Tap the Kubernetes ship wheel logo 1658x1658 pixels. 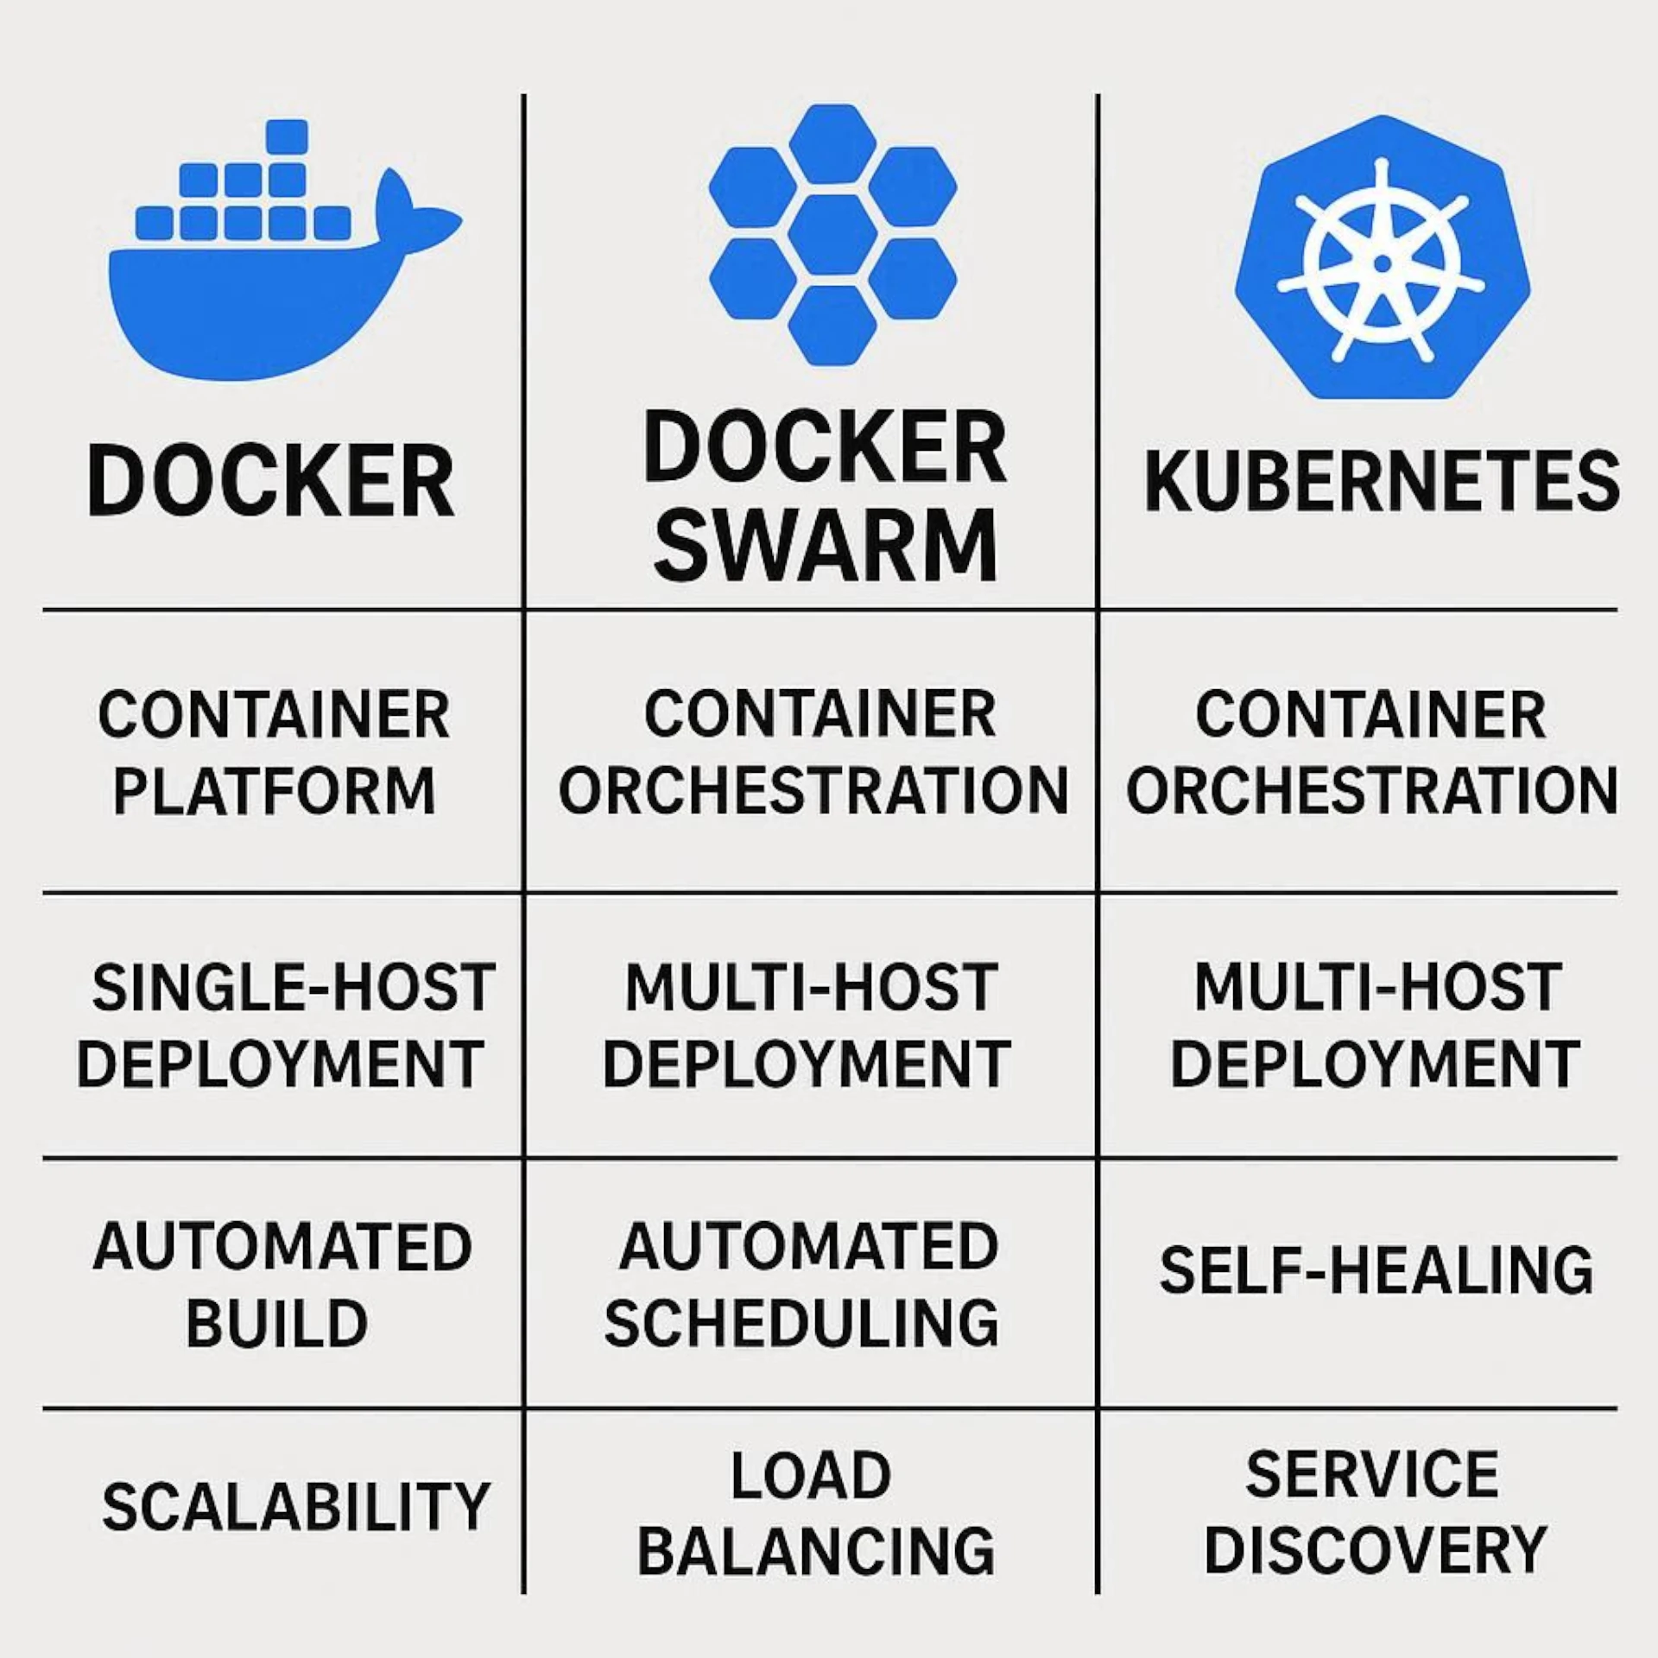1382,259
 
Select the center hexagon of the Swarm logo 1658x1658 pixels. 832,234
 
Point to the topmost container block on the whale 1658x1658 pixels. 287,136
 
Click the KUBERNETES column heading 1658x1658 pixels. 1382,481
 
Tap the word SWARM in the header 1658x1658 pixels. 825,547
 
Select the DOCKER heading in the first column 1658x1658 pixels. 271,481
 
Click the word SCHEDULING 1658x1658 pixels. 801,1324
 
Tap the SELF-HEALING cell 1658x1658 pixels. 1376,1270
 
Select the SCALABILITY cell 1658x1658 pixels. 295,1507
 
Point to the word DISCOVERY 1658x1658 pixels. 1375,1551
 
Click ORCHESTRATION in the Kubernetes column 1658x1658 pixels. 1372,791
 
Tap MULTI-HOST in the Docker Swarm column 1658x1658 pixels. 811,987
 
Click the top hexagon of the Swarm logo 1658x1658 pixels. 832,143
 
